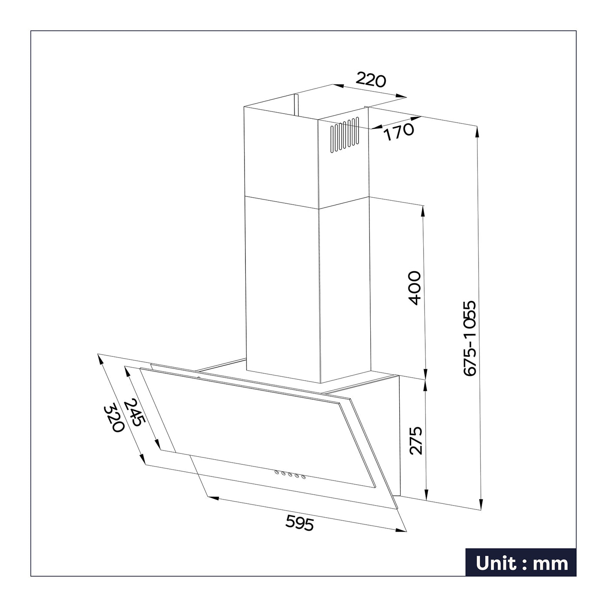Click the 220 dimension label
tap(371, 80)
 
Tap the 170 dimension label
tap(398, 131)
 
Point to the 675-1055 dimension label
tap(470, 338)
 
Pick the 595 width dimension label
tap(300, 522)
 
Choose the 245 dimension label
tap(134, 412)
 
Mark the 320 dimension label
tap(114, 419)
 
